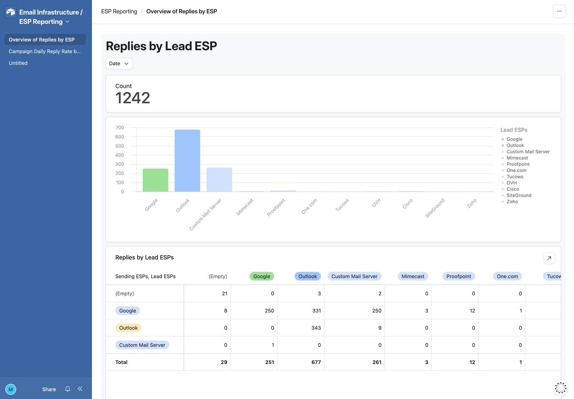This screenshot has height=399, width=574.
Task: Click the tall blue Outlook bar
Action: tap(187, 161)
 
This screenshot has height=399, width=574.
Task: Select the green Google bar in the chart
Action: tap(155, 180)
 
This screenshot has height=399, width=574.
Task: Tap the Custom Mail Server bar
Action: tap(219, 180)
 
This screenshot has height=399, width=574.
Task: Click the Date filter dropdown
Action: tap(119, 64)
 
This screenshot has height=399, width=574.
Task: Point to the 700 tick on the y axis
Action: tap(120, 128)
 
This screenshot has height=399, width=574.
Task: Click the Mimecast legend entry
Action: tap(517, 158)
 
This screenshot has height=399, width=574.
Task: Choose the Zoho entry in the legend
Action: tap(512, 201)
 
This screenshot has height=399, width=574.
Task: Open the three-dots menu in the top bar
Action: tap(559, 11)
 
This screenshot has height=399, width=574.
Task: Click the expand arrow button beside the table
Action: tap(549, 258)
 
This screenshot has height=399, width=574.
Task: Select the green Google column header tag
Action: tap(262, 276)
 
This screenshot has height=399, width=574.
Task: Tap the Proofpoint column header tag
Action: tap(459, 276)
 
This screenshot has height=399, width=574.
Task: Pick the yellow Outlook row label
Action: tap(128, 328)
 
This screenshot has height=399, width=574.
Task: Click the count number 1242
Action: tap(132, 98)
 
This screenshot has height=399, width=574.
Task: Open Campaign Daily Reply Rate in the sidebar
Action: tap(45, 51)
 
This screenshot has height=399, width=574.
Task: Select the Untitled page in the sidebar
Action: tap(18, 63)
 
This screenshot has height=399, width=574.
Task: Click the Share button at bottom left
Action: tap(49, 389)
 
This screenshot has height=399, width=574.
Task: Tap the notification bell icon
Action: tap(67, 389)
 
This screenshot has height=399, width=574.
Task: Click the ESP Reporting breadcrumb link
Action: tap(119, 11)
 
